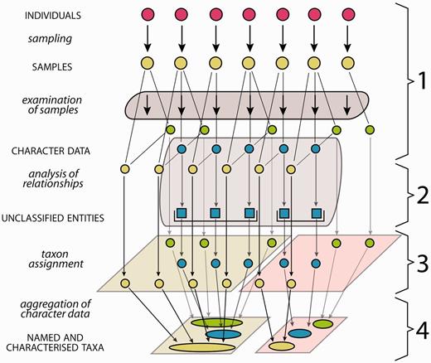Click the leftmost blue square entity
click(x=182, y=214)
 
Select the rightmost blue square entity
click(x=316, y=214)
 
